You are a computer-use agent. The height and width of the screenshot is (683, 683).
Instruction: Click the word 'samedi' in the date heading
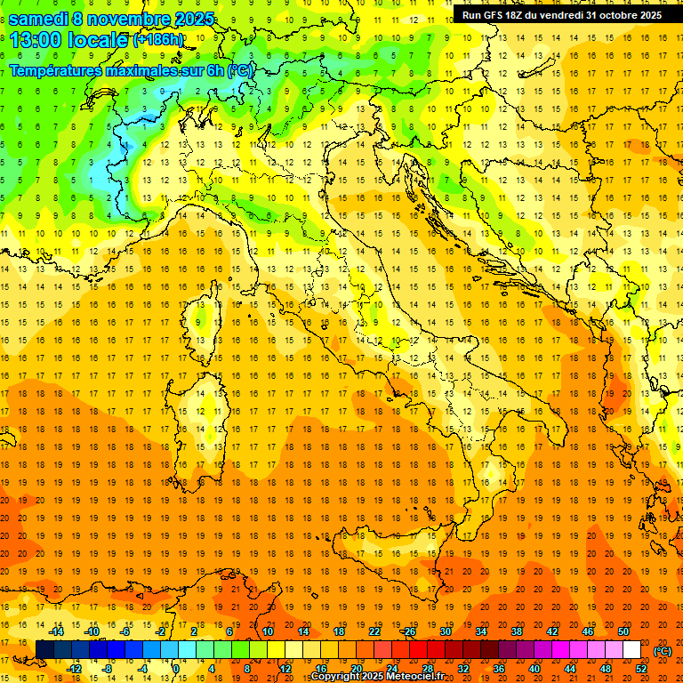point(42,19)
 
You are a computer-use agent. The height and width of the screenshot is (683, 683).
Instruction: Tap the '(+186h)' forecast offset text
point(158,40)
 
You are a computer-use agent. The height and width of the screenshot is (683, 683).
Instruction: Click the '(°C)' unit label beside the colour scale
point(663,650)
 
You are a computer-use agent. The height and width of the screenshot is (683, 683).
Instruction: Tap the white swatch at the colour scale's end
point(631,650)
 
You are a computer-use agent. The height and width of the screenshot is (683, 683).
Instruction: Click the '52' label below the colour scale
point(641,669)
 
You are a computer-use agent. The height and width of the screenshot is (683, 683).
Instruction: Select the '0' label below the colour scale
point(175,669)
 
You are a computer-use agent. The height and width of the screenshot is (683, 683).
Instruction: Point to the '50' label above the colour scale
point(623,631)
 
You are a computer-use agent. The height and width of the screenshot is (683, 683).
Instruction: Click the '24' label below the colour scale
point(391,669)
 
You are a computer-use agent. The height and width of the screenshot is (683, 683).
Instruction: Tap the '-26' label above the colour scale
point(408,631)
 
